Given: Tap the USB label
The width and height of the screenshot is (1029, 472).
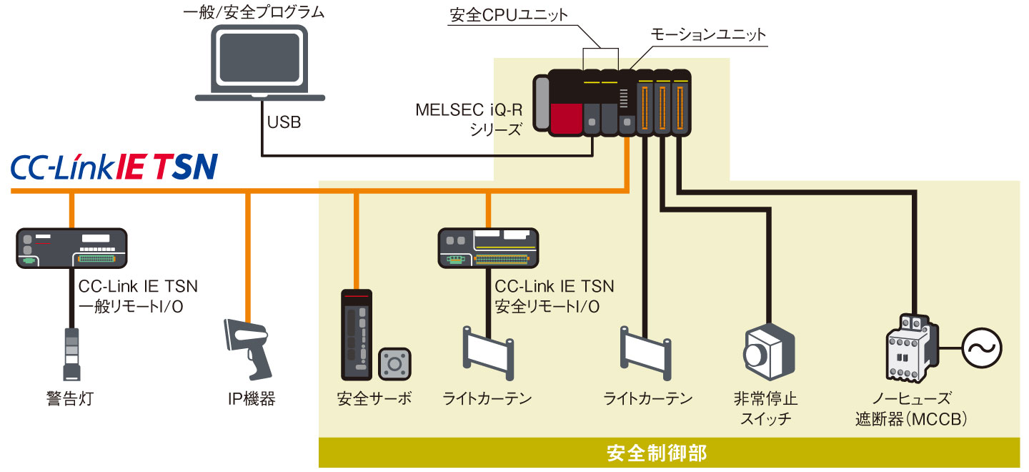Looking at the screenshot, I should coord(284,122).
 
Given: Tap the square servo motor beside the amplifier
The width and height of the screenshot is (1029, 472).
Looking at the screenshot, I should coord(393,364).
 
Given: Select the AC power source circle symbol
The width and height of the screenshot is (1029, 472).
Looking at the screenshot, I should coord(980,348).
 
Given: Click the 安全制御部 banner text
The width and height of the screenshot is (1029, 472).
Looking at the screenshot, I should coord(656,453).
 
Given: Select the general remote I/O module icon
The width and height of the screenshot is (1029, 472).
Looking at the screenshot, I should coord(71,247).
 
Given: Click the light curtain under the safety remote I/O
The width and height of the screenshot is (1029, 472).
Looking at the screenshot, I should coord(488,353).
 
